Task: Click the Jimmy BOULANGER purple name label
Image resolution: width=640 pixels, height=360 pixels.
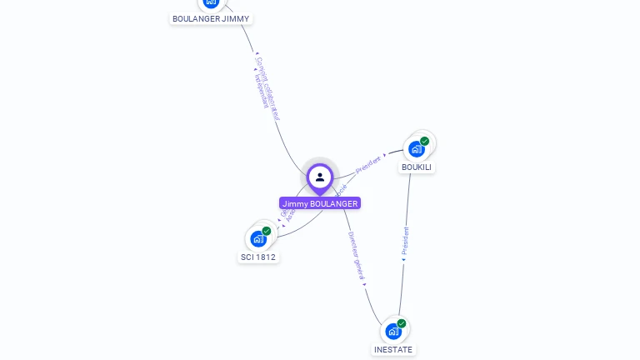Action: coord(320,203)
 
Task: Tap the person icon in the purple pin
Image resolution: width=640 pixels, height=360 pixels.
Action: coord(320,177)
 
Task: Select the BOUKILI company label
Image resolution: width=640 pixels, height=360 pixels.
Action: coord(417,167)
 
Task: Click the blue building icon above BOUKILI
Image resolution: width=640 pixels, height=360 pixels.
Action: coord(416,149)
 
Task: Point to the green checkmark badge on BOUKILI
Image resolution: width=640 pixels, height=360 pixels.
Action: coord(425,141)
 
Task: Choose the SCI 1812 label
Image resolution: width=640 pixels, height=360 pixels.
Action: coord(258,257)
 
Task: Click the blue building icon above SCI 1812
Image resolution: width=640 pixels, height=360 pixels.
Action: coord(257,239)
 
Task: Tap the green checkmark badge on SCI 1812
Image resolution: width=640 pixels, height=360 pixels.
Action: coord(267,231)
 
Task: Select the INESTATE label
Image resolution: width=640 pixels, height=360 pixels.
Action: coord(393,349)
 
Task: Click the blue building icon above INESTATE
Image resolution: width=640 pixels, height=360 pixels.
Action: coord(393,332)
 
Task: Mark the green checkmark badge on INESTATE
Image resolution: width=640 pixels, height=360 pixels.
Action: coord(402,323)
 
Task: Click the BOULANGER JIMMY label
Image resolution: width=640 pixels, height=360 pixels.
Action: coord(211,18)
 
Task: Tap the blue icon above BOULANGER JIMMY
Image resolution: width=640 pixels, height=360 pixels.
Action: coord(211,2)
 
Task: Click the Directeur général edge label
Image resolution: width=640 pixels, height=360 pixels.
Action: coord(356,255)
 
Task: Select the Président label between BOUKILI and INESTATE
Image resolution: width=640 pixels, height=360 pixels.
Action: coord(406,240)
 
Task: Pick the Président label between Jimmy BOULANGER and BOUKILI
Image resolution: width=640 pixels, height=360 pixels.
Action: coord(367,164)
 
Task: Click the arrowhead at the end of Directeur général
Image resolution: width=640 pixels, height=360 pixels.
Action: coord(365,285)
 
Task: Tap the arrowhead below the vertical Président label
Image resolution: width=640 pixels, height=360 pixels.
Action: coord(403,260)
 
